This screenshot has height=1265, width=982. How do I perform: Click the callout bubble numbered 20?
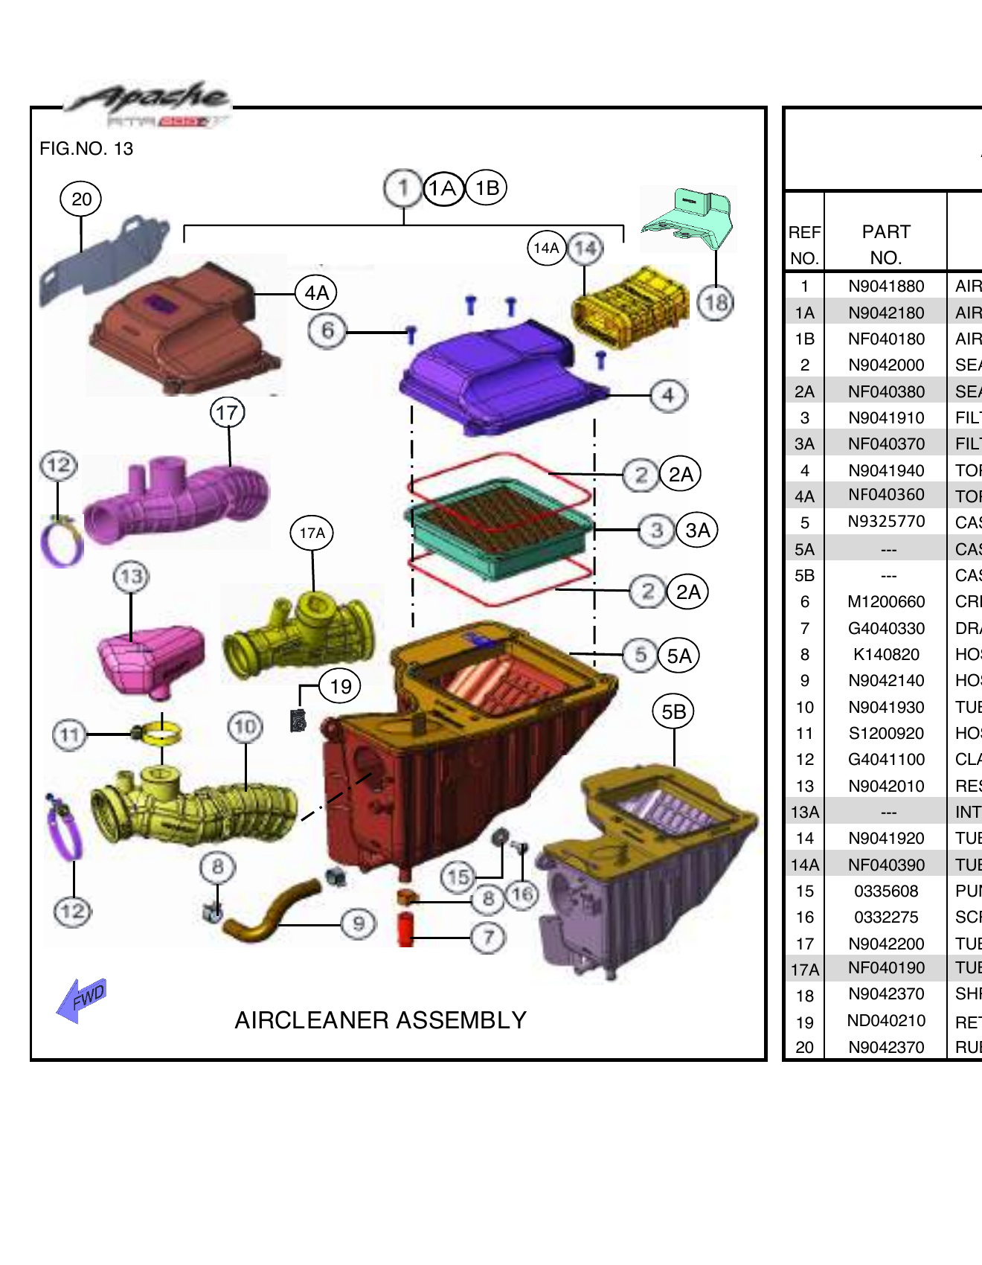point(81,199)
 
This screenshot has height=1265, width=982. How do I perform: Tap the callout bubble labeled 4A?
point(316,293)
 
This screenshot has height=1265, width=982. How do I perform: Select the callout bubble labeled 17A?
point(312,533)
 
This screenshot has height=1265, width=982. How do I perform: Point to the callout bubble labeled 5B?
point(673,712)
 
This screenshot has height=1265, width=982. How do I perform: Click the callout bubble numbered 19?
point(340,686)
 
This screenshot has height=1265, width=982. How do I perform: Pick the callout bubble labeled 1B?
point(487,188)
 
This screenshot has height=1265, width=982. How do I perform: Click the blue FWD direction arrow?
point(82,999)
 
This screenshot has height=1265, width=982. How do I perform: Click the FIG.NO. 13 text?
point(86,149)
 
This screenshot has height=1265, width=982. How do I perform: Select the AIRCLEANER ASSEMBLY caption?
point(380,1020)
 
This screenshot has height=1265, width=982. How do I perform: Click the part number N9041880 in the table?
point(886,286)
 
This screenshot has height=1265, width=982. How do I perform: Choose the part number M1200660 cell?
point(886,602)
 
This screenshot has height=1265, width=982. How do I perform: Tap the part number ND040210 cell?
point(886,1021)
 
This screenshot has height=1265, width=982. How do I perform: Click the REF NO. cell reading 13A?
point(805,813)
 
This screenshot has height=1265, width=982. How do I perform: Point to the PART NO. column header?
point(886,244)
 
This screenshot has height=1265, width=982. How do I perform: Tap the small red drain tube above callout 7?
point(405,929)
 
